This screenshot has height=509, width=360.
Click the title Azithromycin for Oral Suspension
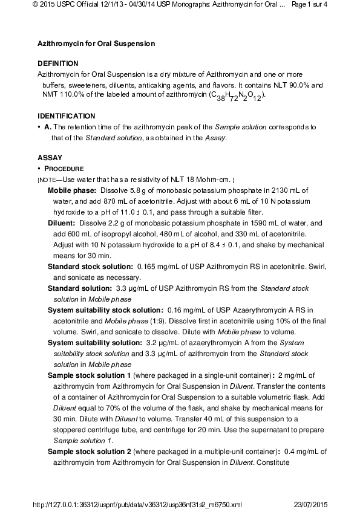click(96, 44)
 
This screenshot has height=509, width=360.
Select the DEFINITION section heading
click(57, 63)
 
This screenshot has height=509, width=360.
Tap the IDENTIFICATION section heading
click(66, 115)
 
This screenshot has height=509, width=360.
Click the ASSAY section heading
click(50, 157)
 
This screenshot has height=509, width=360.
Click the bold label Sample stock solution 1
click(90, 375)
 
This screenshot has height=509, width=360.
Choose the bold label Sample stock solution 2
click(90, 451)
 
